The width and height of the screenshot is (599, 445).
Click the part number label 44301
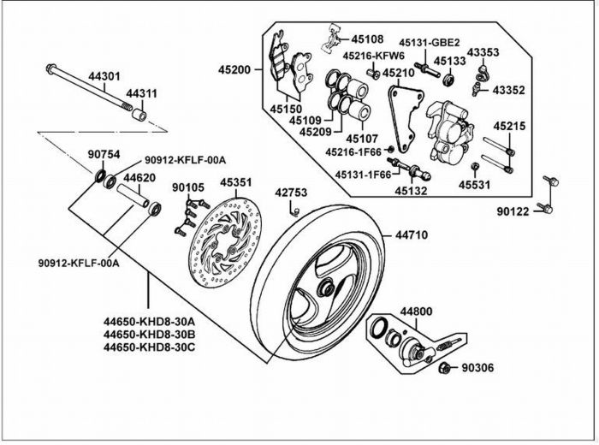pos(104,76)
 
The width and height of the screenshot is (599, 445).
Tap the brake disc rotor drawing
pos(225,242)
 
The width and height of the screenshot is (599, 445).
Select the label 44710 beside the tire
pos(412,235)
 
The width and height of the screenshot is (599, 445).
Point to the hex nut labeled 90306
pos(444,368)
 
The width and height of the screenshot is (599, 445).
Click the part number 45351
pos(235,182)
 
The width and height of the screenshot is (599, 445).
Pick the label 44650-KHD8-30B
pos(149,335)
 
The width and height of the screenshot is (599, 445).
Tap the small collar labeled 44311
pos(139,115)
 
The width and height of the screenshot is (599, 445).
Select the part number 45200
pos(234,70)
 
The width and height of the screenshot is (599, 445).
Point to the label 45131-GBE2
pos(430,43)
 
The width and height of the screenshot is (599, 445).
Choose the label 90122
pos(513,211)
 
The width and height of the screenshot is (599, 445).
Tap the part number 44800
pos(416,311)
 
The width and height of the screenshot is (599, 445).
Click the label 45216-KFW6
pos(373,56)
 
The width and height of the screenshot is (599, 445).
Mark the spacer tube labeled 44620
pos(133,195)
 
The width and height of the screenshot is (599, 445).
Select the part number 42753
pos(291,193)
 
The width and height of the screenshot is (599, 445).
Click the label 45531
pos(474,185)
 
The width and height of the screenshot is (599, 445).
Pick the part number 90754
pos(104,155)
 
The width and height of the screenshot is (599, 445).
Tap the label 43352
pos(508,90)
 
